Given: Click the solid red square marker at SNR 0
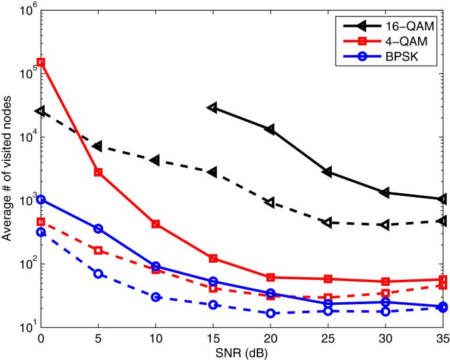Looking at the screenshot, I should [x=41, y=62].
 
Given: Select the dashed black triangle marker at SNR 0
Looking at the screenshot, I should [x=41, y=112].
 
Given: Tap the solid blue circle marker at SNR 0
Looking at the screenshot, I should [x=41, y=199].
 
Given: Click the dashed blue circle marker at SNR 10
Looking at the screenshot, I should [x=156, y=297].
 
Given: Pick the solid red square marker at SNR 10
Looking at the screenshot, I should [x=156, y=224].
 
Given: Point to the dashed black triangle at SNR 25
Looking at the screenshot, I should [x=328, y=223].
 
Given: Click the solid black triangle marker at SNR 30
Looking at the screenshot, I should [x=385, y=192].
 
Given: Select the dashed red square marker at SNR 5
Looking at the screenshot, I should [x=98, y=250].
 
